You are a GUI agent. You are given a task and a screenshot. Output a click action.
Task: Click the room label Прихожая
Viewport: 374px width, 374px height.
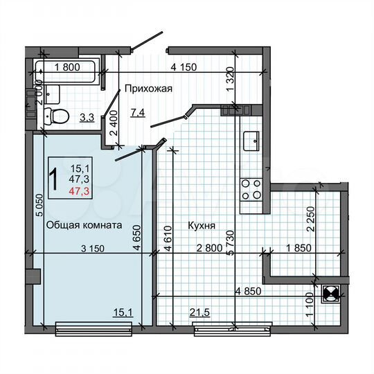[148, 89]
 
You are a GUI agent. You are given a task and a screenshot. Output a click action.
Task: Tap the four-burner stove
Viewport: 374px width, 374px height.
[249, 188]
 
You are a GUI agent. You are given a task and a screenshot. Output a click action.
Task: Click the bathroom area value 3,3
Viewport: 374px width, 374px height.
[87, 118]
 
